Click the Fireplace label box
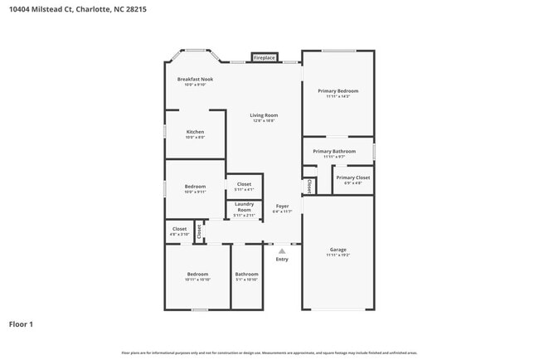265,58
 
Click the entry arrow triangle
282,250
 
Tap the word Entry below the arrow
282,259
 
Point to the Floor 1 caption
21,324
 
